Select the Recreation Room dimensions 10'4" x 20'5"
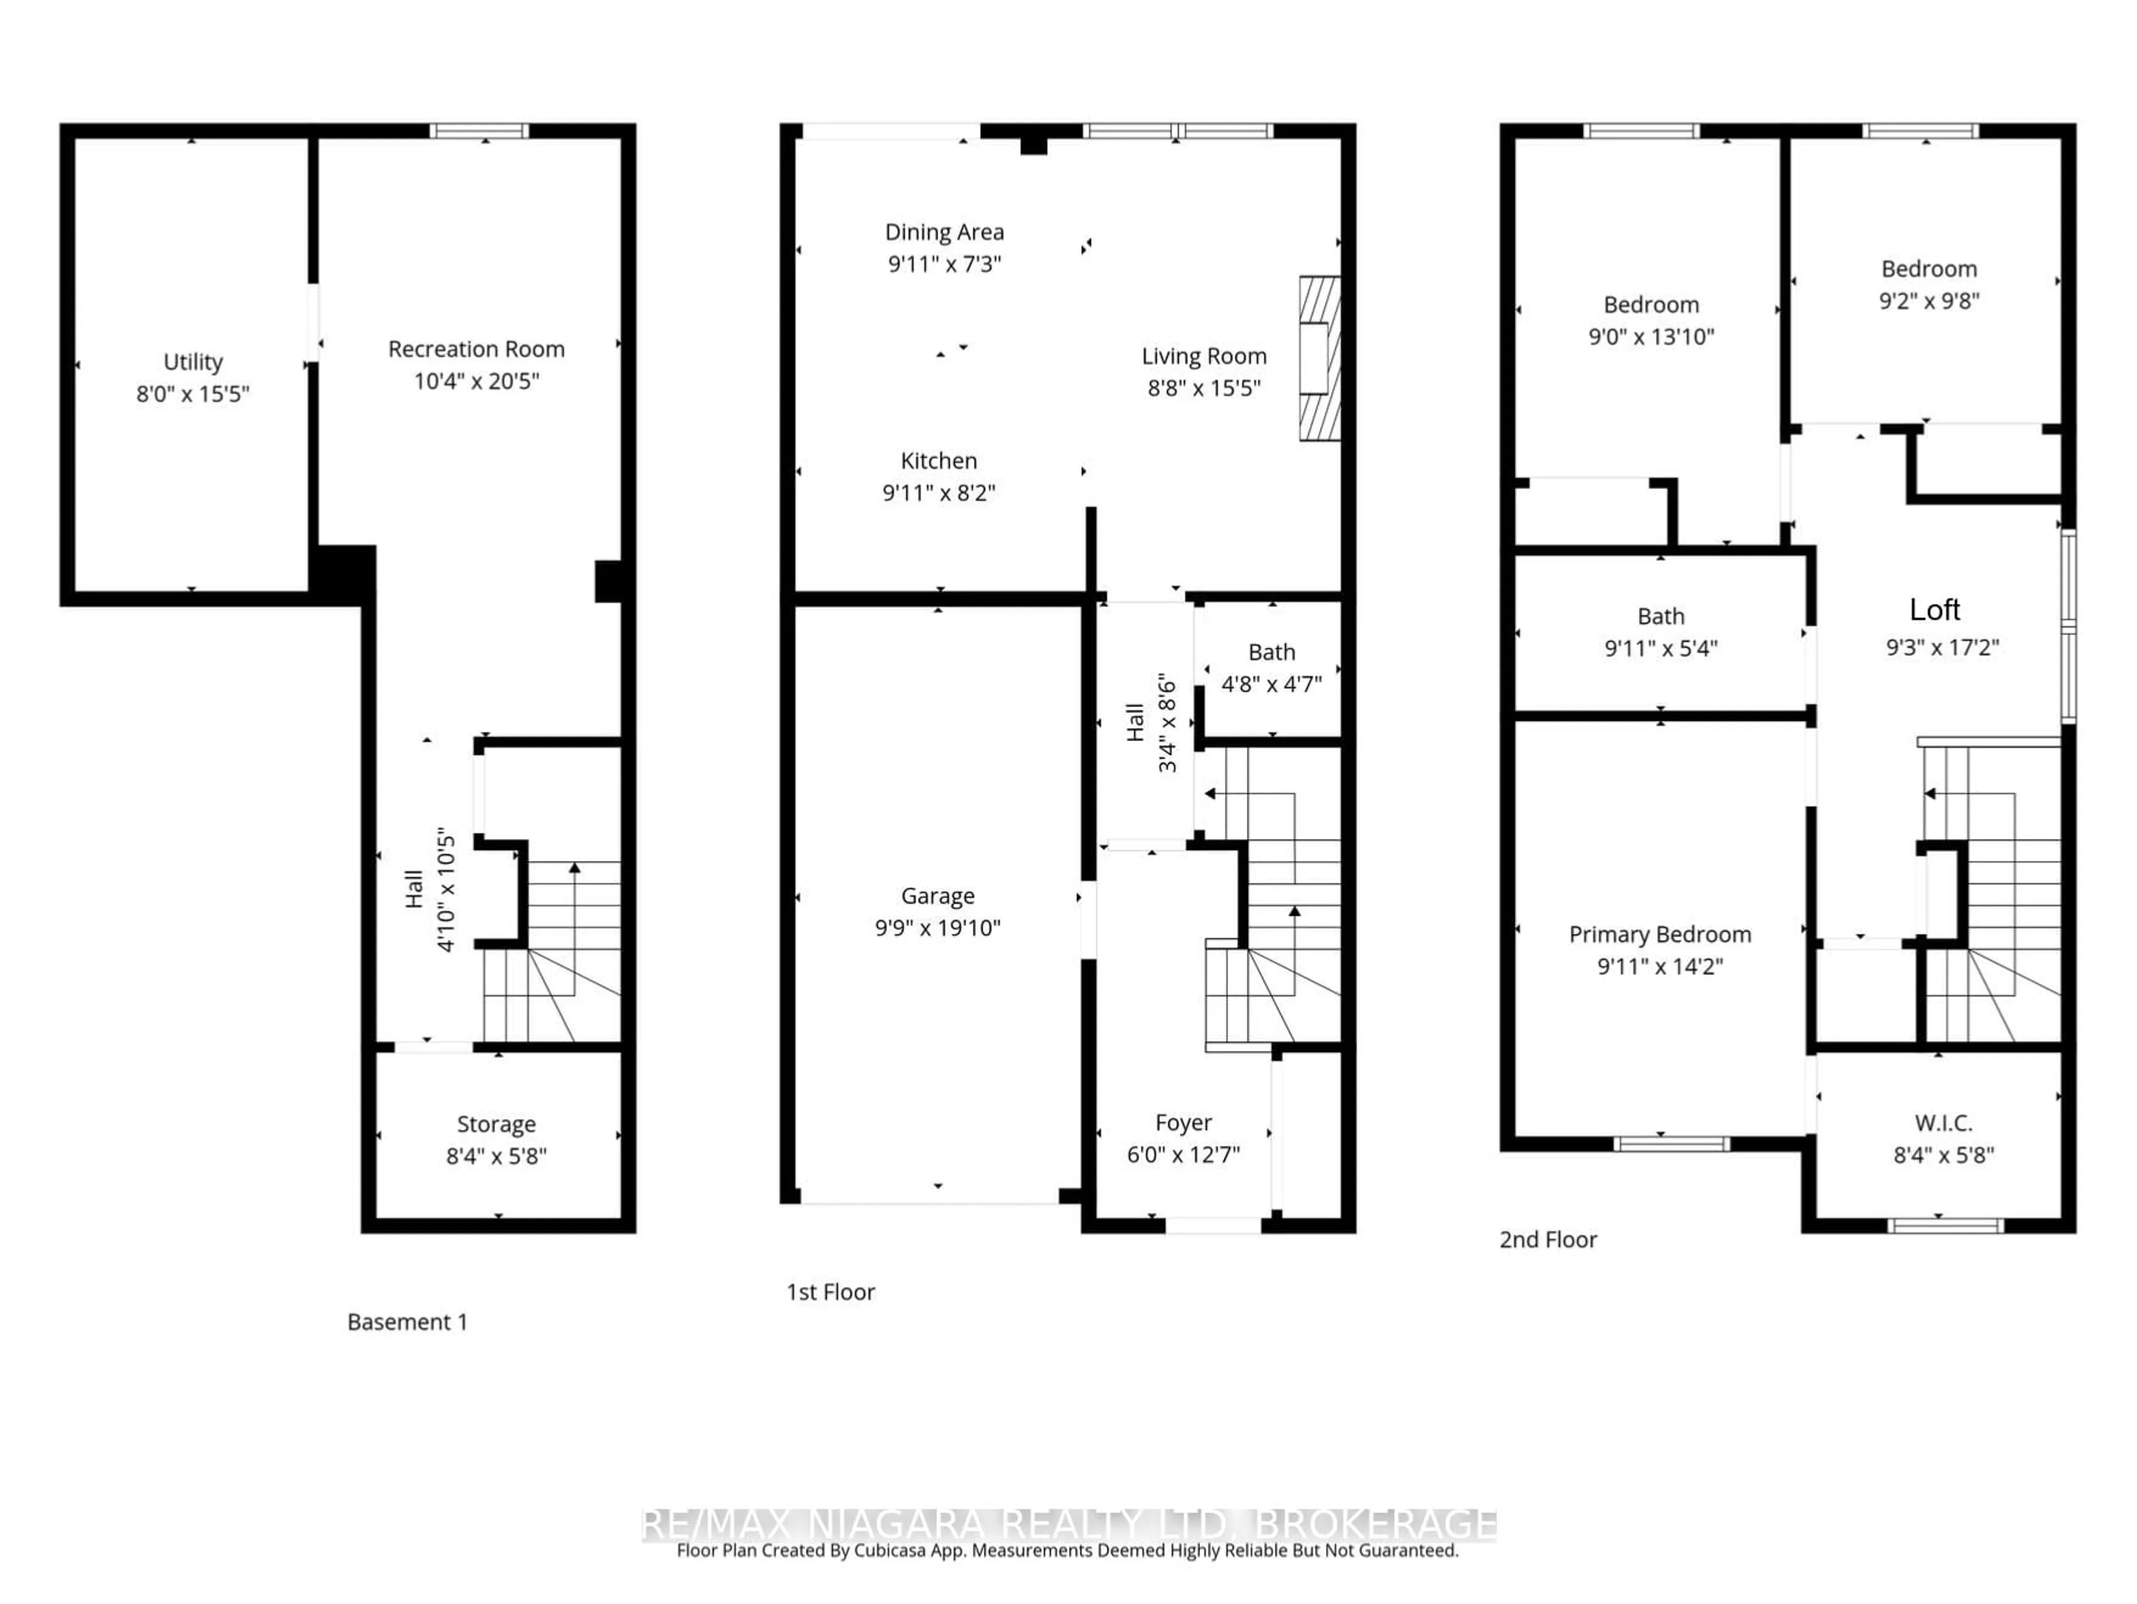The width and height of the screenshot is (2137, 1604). coord(476,381)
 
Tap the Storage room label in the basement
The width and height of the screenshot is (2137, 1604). coord(496,1124)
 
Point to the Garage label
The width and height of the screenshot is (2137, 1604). coord(937,896)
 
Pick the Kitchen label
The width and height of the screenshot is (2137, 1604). coord(938,461)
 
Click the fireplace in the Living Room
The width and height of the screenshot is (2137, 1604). coord(1319,358)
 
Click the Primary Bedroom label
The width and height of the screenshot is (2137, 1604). coord(1659,934)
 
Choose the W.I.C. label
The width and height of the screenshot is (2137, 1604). coord(1943,1123)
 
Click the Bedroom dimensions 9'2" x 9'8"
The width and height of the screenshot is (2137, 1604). coord(1928,301)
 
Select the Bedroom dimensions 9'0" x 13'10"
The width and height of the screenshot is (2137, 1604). coord(1651,336)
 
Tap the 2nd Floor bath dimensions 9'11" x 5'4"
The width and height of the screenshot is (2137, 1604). coord(1661,648)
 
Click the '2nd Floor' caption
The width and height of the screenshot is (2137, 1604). coord(1548,1239)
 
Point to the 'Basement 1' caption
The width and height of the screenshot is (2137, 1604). coord(407,1322)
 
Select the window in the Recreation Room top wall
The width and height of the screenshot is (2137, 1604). coord(479,130)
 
